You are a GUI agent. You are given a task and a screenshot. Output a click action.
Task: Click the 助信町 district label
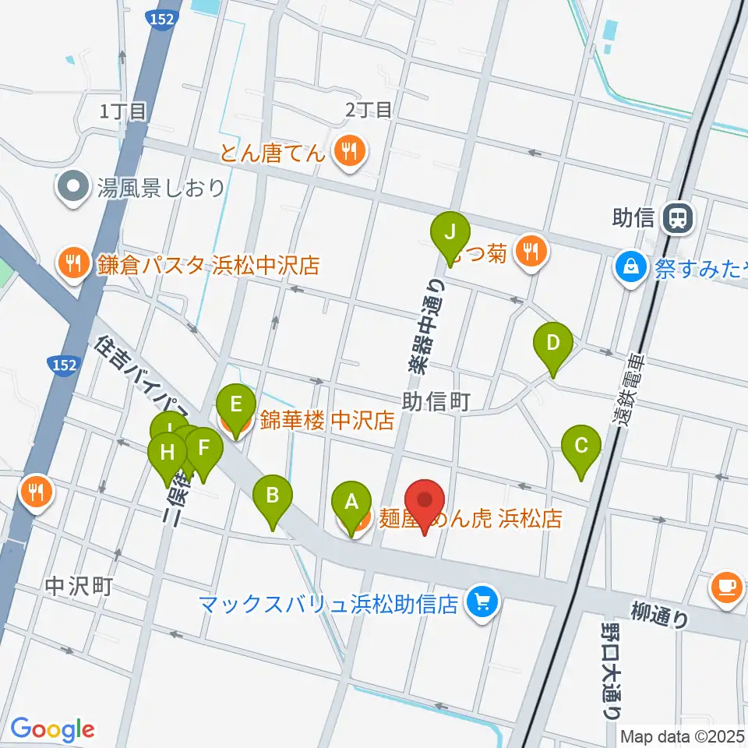click(436, 402)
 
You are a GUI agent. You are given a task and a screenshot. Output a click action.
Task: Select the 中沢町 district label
click(79, 585)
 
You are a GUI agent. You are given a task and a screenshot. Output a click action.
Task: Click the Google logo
click(53, 729)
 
